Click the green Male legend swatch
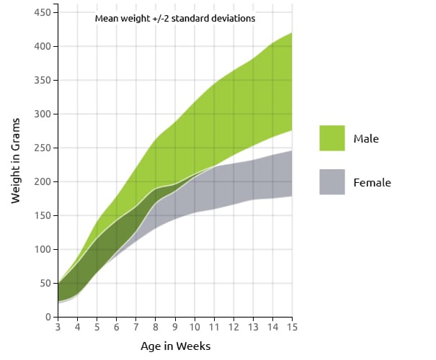(x=332, y=138)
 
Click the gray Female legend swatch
(x=332, y=182)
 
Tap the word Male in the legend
(x=366, y=138)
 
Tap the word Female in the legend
(x=372, y=183)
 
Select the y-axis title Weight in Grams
(x=16, y=163)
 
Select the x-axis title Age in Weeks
(x=175, y=346)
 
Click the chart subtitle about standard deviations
(x=175, y=18)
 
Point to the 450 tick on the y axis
(x=42, y=13)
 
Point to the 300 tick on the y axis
(x=42, y=114)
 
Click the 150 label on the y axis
(x=42, y=216)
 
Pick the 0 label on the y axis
(x=47, y=318)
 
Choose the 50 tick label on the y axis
(x=45, y=284)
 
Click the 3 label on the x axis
(x=58, y=328)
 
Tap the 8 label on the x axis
(x=156, y=328)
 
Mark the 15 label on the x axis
(x=291, y=328)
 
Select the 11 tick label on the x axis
(x=214, y=328)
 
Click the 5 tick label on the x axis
(x=97, y=328)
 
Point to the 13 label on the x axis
(x=252, y=328)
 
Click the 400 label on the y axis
(x=42, y=47)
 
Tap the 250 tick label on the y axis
(x=42, y=148)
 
